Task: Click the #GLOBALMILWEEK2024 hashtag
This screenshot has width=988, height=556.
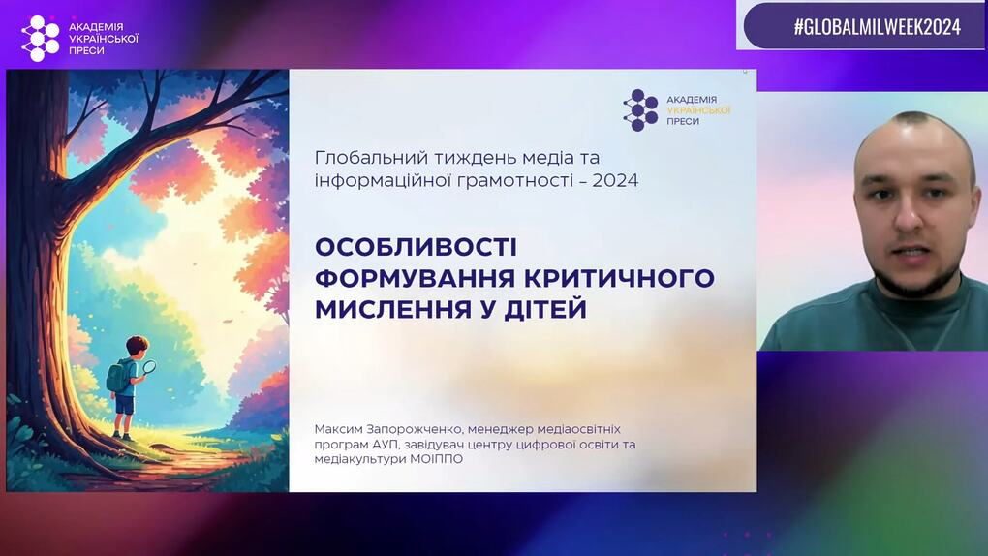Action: pos(878,26)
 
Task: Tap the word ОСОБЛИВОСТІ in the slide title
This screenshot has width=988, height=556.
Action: pos(416,247)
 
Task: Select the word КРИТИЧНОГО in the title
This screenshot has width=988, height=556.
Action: pos(619,278)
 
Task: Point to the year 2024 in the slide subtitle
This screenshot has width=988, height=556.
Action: pos(615,181)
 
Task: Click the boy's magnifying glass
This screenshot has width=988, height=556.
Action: pos(149,367)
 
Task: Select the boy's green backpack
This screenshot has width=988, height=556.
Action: pos(118,377)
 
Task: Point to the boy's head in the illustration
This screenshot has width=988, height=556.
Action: pos(137,346)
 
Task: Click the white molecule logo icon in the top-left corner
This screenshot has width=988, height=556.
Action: pos(40,39)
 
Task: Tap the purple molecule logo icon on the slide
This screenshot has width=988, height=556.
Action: pos(640,110)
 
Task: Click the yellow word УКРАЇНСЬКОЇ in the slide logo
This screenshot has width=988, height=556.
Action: pos(698,110)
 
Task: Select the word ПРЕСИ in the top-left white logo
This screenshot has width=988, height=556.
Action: pos(86,50)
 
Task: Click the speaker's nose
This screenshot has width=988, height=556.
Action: pos(908,214)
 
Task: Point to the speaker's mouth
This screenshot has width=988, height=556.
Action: pos(912,253)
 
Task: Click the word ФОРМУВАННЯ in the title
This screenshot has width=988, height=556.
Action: pos(416,278)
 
